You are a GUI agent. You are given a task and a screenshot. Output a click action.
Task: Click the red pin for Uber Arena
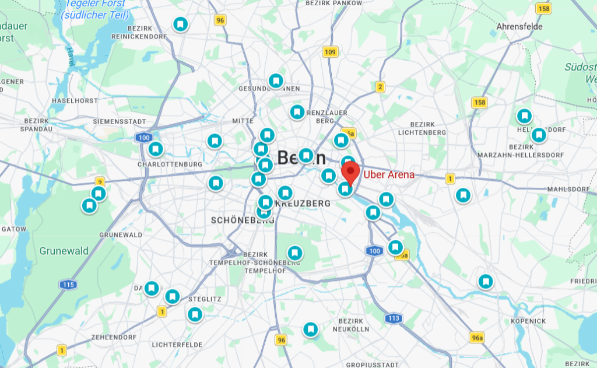pos(350,173)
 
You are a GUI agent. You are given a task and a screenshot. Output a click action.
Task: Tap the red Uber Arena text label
pos(389,174)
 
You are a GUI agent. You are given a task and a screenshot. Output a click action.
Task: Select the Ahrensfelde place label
pos(519,26)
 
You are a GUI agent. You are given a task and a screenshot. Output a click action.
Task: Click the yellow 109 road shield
pos(330,52)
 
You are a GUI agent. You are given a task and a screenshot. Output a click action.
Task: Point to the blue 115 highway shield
pos(68,285)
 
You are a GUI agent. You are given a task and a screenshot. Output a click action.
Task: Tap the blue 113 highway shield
pos(394,318)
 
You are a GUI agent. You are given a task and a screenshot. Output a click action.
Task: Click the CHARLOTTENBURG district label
pos(170,164)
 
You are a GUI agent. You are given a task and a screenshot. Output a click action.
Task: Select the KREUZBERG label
pos(304,204)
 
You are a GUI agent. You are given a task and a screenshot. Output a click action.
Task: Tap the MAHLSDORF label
pos(568,189)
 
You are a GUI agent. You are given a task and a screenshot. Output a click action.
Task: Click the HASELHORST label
pos(75,101)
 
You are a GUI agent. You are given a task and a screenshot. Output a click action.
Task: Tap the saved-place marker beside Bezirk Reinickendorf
pos(181,24)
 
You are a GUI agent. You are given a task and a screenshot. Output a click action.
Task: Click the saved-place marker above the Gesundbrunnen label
pos(276,80)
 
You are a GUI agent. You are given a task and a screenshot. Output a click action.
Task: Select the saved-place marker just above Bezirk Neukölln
pos(311,330)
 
